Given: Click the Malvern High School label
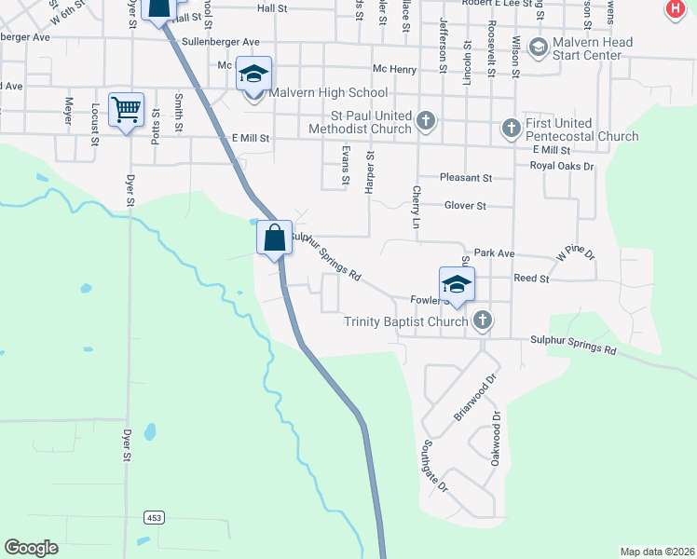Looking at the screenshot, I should pos(328,93).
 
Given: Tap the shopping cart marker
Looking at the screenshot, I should pos(126,109).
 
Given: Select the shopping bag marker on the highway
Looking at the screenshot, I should pos(275,238).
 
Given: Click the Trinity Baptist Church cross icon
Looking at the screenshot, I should pos(482,321).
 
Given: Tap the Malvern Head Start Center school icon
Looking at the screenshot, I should pos(537,46).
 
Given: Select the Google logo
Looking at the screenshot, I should pos(31,548).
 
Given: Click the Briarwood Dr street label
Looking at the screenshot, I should pos(474,399).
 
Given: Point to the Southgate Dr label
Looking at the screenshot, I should pos(436,466).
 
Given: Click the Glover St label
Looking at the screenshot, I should pos(466,205).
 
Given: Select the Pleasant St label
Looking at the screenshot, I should pos(467,177).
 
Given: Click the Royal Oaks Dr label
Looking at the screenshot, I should pos(561,166).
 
